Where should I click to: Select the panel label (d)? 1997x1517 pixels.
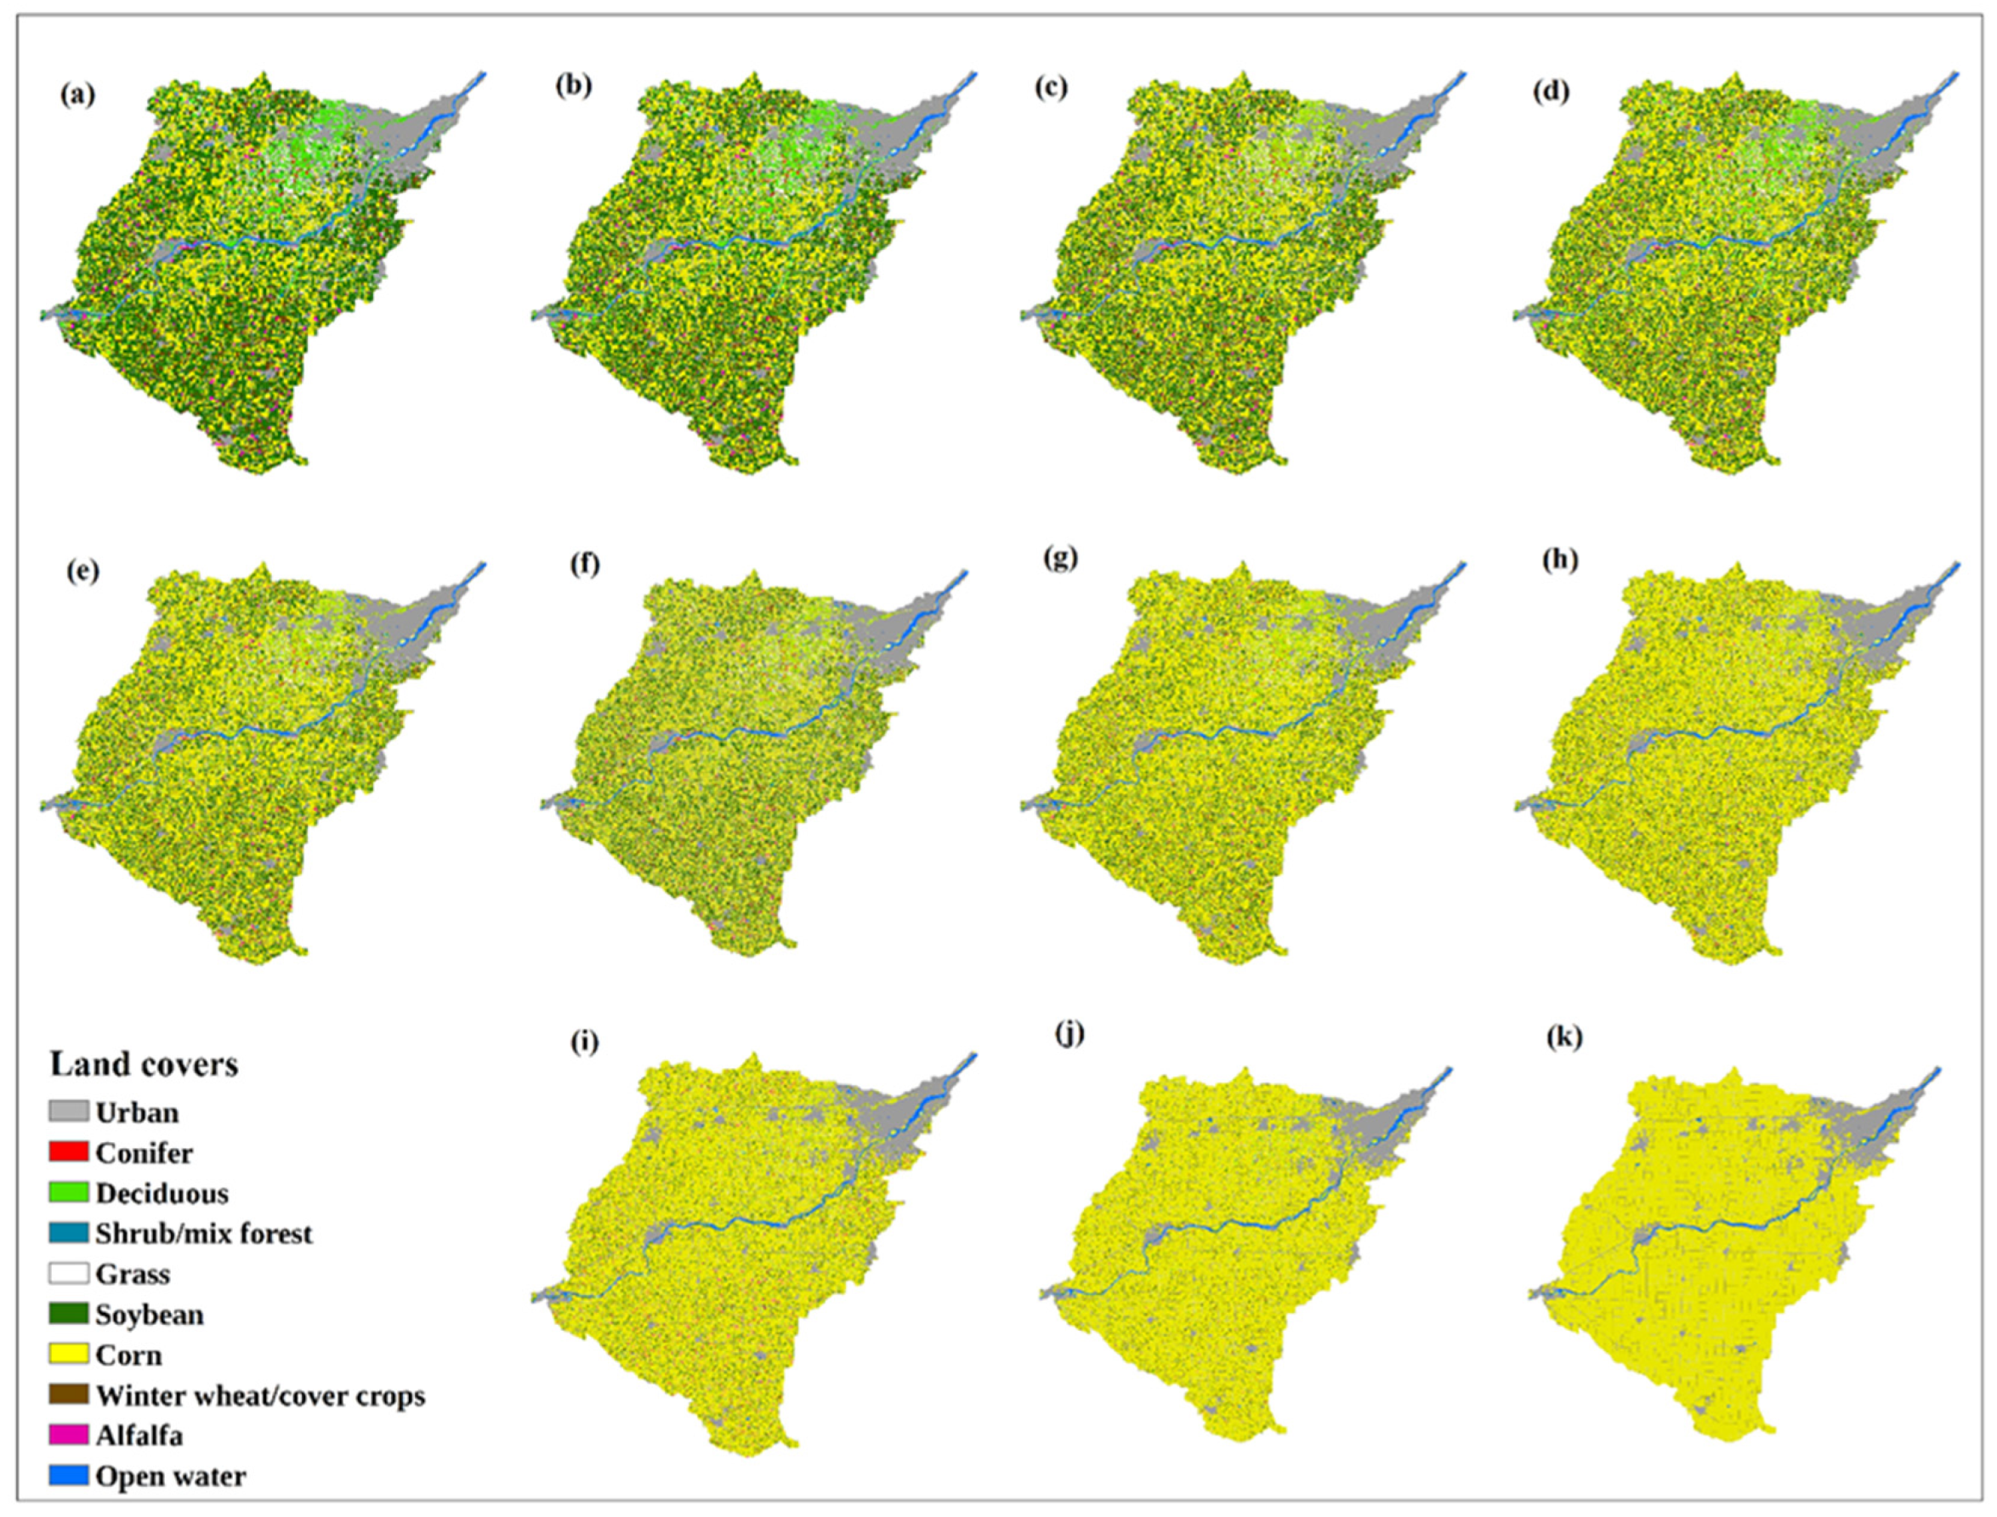coord(1550,92)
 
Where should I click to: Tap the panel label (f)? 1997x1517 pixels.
coord(585,566)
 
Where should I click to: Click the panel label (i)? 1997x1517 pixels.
coord(584,1042)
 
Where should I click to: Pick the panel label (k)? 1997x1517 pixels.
coord(1563,1038)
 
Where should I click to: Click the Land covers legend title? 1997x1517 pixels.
coord(145,1064)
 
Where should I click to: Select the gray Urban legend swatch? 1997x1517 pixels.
coord(69,1111)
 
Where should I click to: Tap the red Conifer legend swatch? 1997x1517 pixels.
coord(69,1152)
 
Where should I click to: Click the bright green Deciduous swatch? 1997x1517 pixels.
coord(69,1193)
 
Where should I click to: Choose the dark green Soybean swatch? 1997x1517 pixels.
coord(69,1314)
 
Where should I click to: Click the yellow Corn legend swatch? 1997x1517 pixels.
coord(69,1355)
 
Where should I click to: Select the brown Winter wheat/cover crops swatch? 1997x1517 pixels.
coord(69,1395)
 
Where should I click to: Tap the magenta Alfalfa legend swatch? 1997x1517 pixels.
coord(69,1435)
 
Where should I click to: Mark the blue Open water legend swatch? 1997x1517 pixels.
coord(69,1475)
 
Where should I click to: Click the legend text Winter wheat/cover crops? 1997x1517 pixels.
coord(261,1395)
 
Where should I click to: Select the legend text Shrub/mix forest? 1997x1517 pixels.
coord(204,1234)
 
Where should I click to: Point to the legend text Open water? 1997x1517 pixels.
coord(171,1475)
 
